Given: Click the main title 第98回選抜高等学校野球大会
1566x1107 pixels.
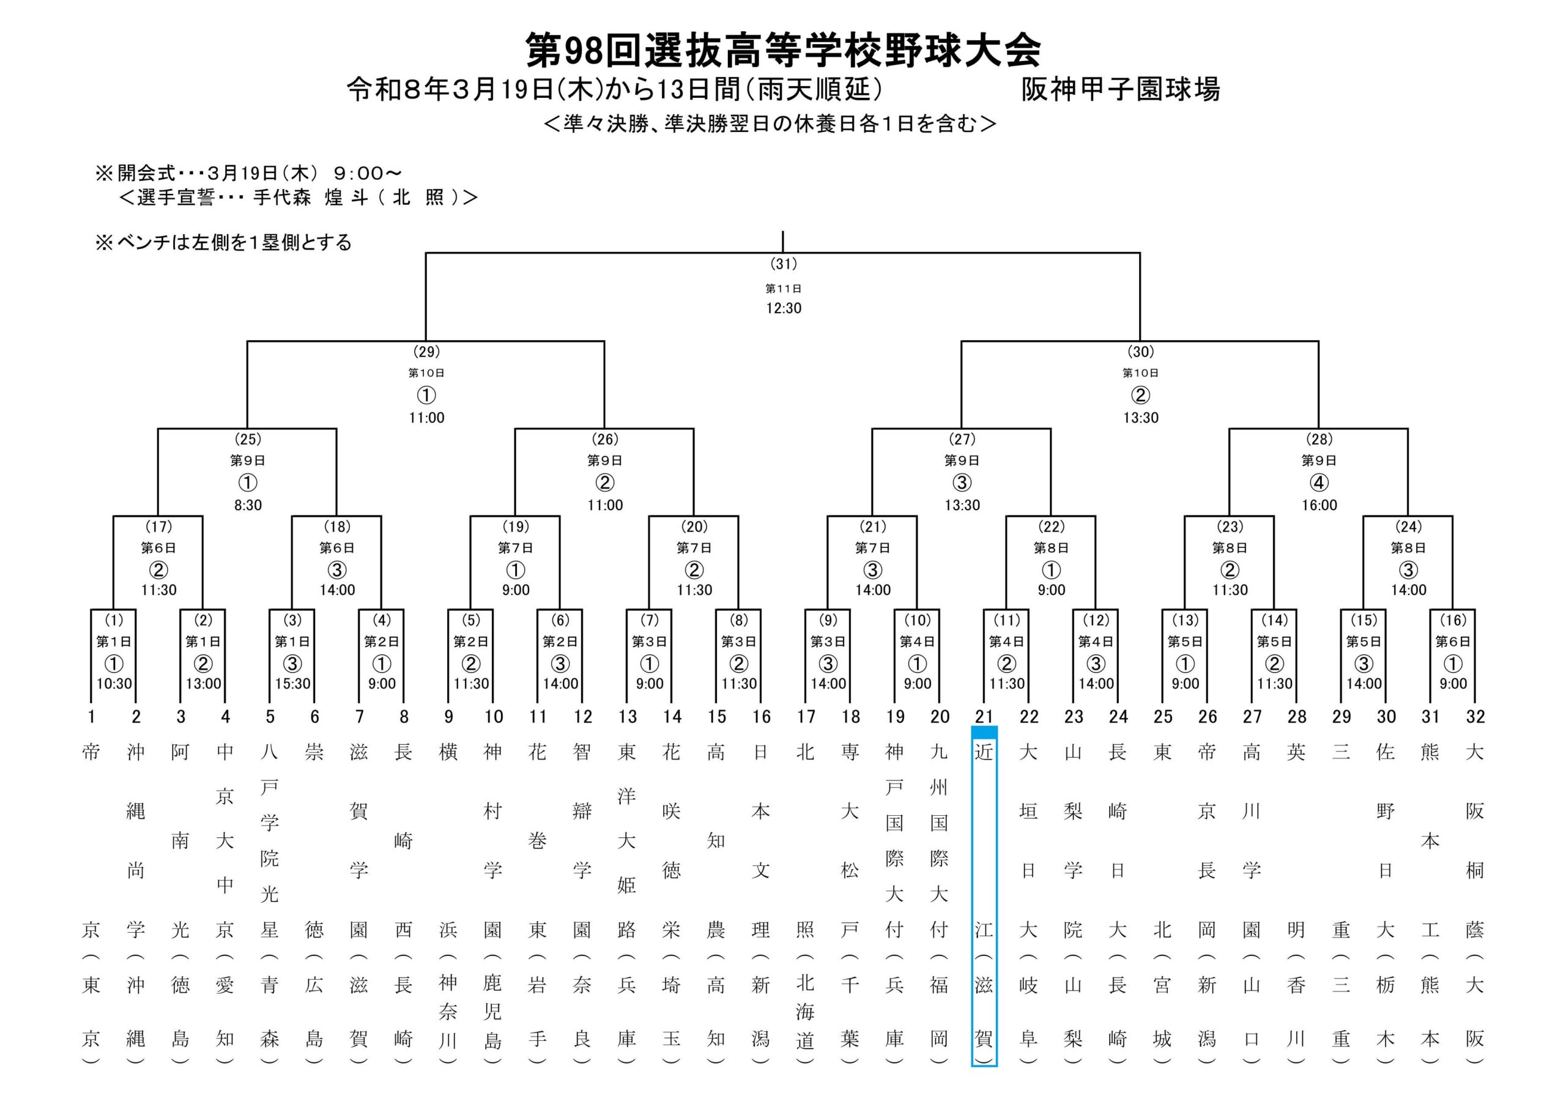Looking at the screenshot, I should (782, 51).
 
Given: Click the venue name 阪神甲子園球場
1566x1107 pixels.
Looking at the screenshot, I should (1120, 89).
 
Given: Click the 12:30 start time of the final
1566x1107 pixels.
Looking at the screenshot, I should (783, 308).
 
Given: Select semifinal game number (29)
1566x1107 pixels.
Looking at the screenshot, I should (426, 352).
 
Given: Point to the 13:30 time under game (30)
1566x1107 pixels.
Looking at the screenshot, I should (1140, 418).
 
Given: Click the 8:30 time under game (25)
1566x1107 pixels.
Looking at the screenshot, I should (248, 505).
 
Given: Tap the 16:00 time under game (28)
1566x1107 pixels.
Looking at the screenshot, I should (1319, 505).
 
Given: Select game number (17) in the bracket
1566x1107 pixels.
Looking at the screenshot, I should (158, 527).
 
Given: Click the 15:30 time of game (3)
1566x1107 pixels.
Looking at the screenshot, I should (292, 683).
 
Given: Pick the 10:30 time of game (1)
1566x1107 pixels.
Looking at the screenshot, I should (114, 683).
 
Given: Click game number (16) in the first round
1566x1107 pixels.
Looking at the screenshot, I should (1453, 620).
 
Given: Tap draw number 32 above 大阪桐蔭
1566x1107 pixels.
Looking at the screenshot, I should (1475, 717).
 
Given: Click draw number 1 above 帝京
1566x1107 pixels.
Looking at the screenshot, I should (91, 717).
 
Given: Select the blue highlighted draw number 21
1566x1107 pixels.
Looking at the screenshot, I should (984, 717).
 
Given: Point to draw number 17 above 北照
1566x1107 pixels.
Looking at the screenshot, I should (806, 717).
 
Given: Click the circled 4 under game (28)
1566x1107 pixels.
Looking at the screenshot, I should (1319, 483).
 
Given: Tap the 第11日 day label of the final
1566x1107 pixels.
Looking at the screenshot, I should (783, 289).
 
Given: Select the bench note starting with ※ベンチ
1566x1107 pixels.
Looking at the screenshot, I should (224, 242).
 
